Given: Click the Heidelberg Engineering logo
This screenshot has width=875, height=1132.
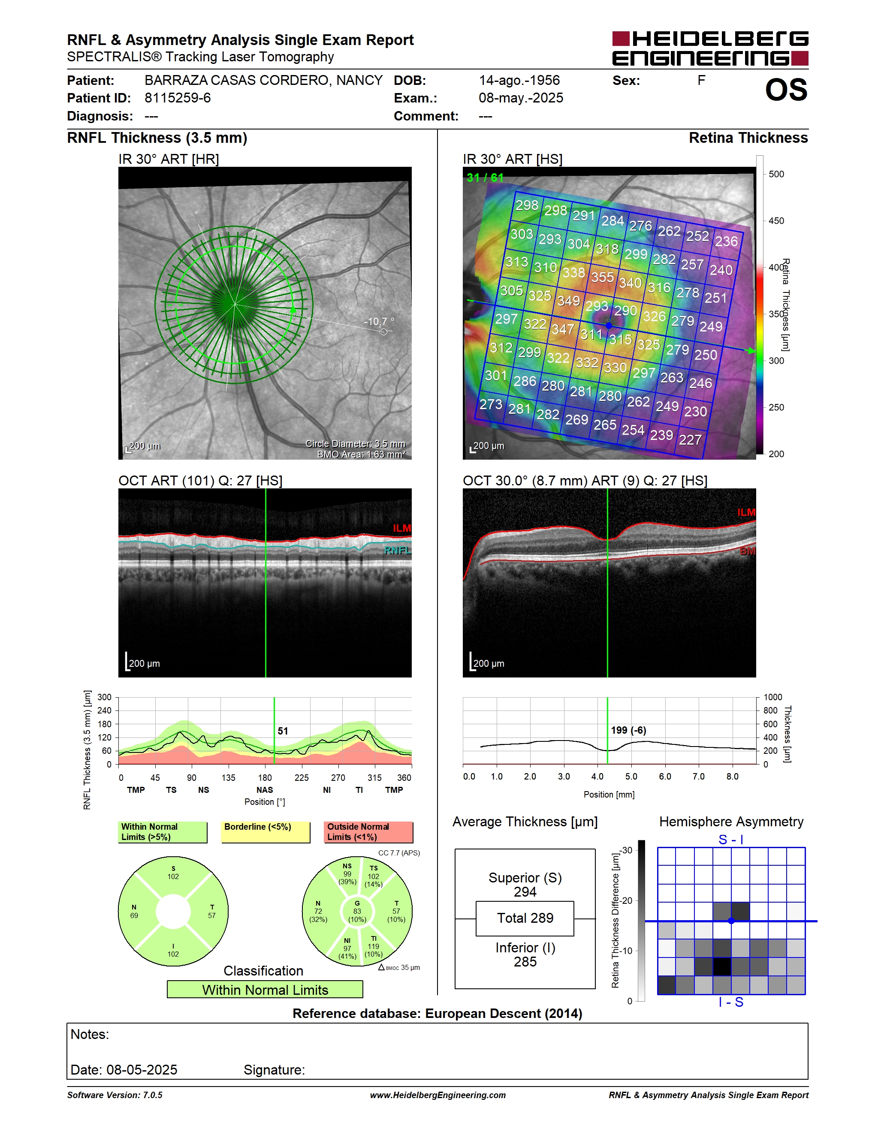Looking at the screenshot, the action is [710, 48].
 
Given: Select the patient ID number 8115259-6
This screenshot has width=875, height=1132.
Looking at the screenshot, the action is [177, 98].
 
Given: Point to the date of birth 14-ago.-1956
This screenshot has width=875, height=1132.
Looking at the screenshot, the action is [519, 80].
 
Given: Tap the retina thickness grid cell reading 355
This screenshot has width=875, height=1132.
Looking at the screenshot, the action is [602, 277].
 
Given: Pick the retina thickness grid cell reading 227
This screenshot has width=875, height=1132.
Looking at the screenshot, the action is [690, 440].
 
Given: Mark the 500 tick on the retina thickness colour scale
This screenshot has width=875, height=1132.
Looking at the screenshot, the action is [776, 174].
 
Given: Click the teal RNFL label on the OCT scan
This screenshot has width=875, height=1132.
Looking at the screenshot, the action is [398, 550].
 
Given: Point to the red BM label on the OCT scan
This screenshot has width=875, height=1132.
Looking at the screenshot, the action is [748, 551].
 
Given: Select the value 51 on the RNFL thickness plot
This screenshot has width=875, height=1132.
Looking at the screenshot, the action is [283, 731].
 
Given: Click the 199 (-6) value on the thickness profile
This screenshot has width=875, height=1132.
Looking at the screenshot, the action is [628, 730].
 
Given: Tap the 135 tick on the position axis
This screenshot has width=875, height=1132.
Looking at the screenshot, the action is [228, 777].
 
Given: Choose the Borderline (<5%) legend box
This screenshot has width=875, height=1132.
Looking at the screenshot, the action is [266, 832].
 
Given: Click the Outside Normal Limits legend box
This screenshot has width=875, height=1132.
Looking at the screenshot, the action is [368, 832].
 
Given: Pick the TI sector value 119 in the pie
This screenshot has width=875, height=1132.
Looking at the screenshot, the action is [373, 946].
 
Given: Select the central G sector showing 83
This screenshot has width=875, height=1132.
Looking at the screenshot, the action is [357, 911].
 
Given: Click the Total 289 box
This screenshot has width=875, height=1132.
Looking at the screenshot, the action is [525, 918].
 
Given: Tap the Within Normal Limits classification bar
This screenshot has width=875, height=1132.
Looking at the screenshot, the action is [265, 990].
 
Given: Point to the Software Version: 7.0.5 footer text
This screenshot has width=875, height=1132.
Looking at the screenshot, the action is [115, 1095].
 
